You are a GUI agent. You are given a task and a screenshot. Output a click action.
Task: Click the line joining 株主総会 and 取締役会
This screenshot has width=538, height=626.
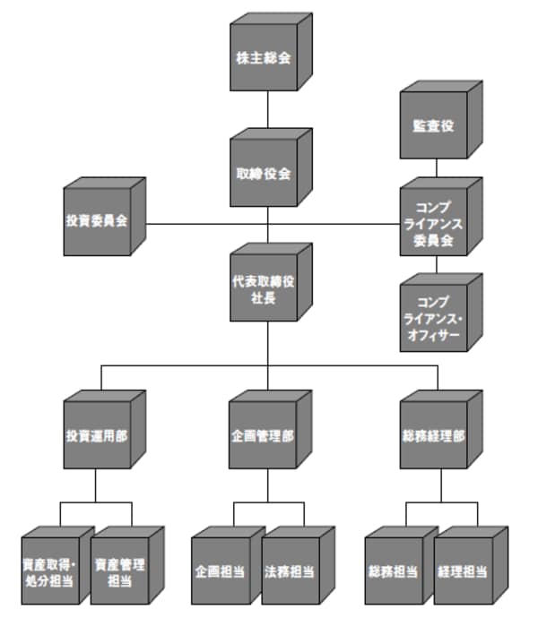click(268, 110)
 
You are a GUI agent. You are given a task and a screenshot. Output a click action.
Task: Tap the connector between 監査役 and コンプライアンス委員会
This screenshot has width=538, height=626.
click(437, 168)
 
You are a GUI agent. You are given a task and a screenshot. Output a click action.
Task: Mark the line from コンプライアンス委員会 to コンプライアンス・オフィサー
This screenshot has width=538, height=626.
click(437, 265)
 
